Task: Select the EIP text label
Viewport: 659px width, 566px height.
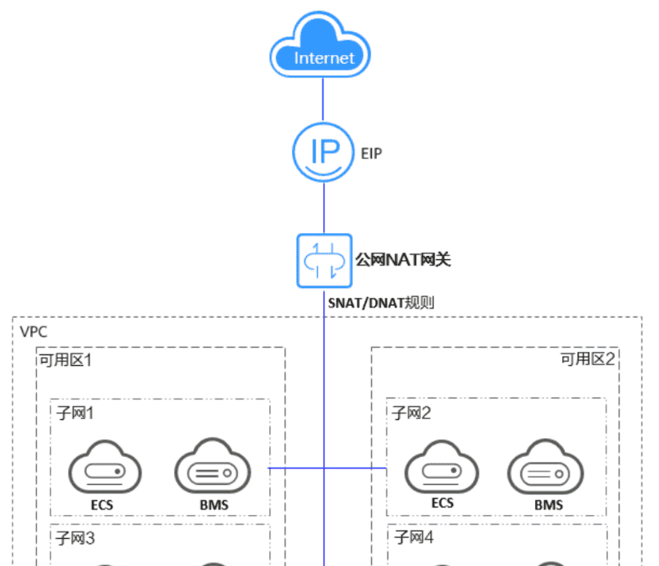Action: [371, 153]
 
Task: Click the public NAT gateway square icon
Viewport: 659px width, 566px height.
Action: [323, 260]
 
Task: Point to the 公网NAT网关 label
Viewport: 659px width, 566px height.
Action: [403, 260]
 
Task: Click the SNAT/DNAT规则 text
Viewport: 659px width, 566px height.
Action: [381, 303]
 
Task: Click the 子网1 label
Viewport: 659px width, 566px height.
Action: [76, 413]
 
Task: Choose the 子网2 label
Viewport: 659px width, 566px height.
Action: [413, 413]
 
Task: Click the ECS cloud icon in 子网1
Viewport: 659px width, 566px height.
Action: [103, 469]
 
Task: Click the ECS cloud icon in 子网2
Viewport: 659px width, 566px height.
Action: [441, 469]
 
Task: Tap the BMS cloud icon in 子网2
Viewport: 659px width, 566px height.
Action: [547, 469]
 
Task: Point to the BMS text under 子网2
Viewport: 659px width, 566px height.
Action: [548, 504]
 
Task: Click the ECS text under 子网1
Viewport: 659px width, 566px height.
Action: [103, 504]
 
